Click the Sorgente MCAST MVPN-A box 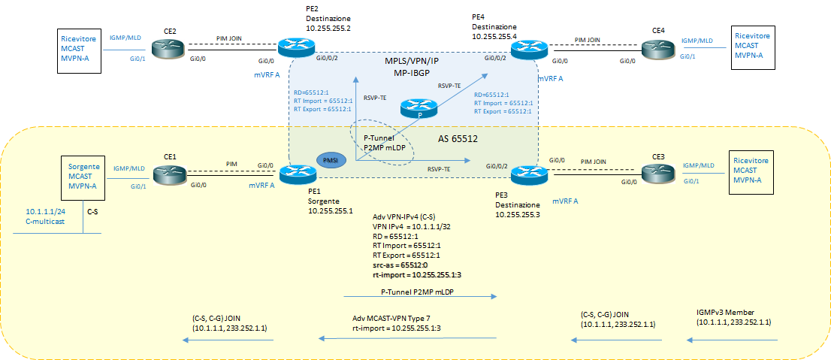click(x=84, y=177)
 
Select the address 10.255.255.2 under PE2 click(x=328, y=29)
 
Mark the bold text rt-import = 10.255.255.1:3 click(x=417, y=275)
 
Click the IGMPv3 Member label click(x=727, y=311)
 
